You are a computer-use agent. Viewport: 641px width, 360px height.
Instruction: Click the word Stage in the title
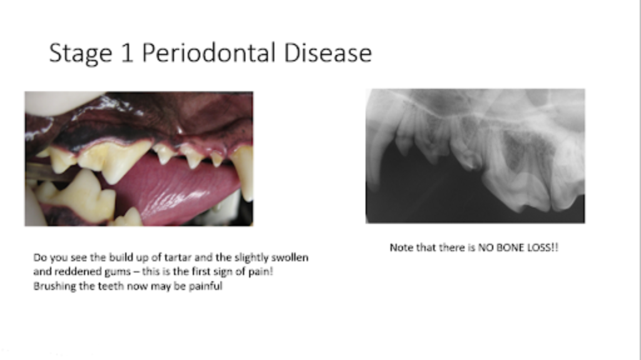tap(81, 54)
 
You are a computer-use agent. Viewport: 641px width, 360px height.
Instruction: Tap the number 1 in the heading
tap(128, 53)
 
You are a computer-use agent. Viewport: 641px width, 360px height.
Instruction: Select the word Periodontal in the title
tap(209, 53)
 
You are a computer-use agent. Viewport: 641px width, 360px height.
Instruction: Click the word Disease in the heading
tap(327, 53)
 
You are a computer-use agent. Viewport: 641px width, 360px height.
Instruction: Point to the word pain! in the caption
tap(261, 272)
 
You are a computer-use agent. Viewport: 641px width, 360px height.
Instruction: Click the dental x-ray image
tap(475, 156)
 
